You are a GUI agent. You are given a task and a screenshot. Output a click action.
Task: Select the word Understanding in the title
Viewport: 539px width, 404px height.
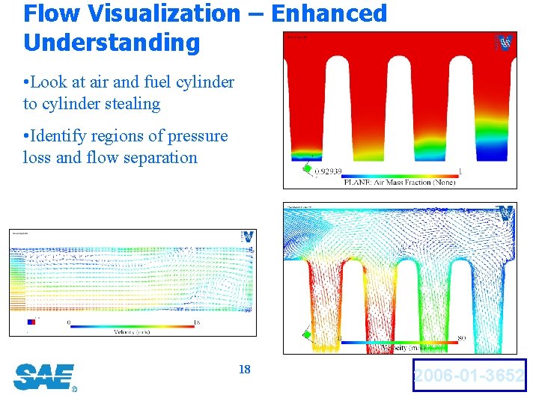[112, 42]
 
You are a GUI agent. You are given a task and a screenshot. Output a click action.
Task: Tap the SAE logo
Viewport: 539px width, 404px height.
[44, 376]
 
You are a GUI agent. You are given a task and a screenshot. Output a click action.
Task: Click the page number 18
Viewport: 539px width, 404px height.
[244, 370]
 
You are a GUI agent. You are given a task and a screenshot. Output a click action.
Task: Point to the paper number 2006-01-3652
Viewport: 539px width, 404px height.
[469, 376]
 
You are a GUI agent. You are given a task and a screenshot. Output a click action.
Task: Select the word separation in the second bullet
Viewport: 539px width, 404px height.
[158, 157]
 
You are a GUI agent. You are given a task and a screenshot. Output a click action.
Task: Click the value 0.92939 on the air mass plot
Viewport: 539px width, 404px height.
[327, 171]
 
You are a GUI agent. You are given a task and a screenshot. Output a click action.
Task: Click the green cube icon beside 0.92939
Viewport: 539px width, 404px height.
[306, 169]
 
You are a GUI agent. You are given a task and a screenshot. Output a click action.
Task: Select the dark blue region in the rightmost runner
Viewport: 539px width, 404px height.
[488, 153]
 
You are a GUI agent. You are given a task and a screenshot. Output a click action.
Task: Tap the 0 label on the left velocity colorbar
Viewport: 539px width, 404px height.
[69, 322]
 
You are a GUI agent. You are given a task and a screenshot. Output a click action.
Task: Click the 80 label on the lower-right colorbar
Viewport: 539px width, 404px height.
[462, 339]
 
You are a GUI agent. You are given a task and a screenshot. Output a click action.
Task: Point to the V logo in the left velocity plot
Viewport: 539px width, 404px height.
[247, 236]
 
